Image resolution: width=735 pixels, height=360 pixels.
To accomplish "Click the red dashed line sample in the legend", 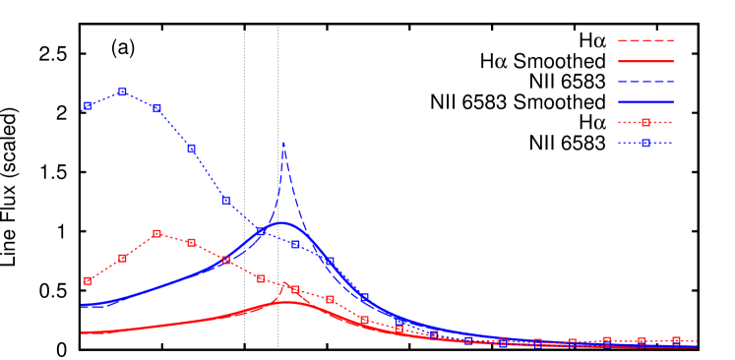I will (645, 40).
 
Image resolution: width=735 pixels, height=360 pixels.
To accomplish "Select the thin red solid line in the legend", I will (645, 61).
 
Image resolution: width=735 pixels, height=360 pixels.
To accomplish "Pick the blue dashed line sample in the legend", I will (645, 81).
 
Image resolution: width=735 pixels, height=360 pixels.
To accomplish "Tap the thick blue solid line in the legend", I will (645, 101).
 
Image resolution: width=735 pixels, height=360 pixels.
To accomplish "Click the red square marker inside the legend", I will (645, 122).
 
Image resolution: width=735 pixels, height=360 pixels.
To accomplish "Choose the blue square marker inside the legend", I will (645, 143).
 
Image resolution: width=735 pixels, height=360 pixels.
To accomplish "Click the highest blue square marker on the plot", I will (122, 91).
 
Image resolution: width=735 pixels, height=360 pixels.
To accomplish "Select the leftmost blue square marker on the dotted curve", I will (88, 105).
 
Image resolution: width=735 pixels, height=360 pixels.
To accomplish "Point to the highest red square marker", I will (156, 233).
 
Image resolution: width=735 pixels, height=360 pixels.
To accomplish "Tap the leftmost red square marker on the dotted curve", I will (88, 280).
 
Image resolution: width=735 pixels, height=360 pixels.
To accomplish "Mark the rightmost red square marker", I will (676, 340).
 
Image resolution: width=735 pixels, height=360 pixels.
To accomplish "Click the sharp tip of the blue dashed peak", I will (283, 144).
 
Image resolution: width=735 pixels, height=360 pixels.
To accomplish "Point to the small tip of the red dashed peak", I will (284, 285).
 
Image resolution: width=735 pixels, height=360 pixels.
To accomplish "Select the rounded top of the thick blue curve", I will (283, 223).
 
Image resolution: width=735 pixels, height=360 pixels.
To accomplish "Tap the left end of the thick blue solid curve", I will (83, 305).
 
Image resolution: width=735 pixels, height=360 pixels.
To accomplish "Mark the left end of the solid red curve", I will (83, 332).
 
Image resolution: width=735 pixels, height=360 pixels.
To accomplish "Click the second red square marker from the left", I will (122, 258).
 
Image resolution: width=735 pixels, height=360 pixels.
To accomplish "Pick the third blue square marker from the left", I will (156, 108).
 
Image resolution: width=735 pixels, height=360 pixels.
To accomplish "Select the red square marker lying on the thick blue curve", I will (226, 260).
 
